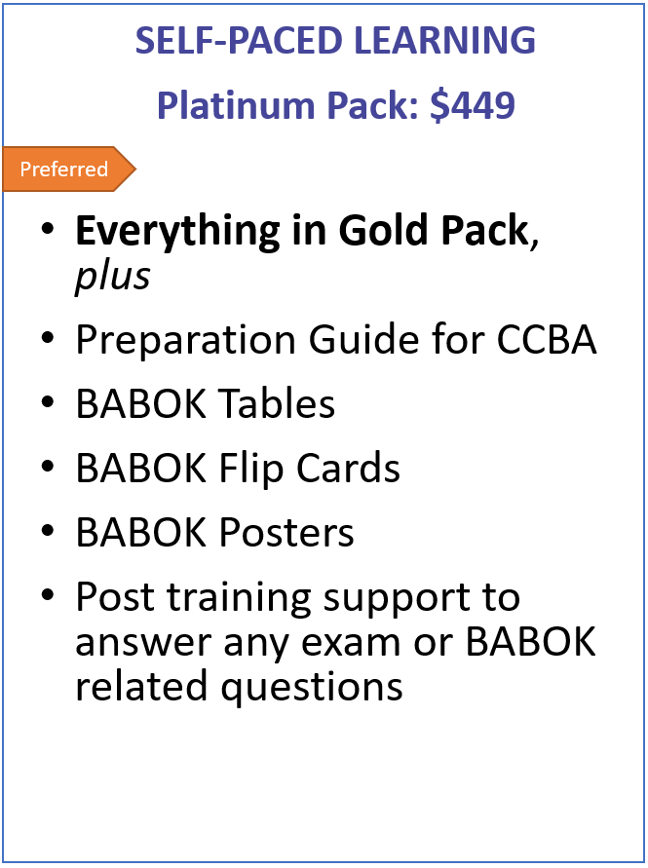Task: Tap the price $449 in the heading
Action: (x=473, y=105)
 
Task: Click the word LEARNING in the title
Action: (x=444, y=40)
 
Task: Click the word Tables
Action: (x=278, y=403)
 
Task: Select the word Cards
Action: (x=348, y=468)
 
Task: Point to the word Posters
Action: (x=286, y=533)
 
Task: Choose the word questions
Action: (x=312, y=688)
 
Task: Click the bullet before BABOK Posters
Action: (x=48, y=530)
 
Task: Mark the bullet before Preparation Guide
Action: (x=48, y=337)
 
